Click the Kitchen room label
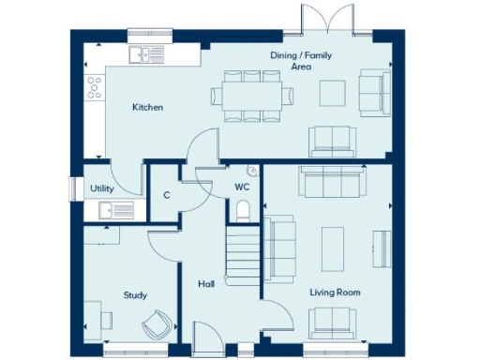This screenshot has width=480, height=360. click(x=147, y=108)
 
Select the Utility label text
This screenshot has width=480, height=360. click(x=102, y=188)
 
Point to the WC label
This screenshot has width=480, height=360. click(x=241, y=187)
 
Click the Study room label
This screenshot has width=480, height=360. click(x=135, y=294)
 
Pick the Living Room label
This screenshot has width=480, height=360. click(x=335, y=292)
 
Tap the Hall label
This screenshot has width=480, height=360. click(x=206, y=282)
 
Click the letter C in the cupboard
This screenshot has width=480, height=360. click(x=166, y=195)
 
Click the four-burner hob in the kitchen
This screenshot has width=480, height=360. click(x=95, y=88)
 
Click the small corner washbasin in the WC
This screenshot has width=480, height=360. click(x=251, y=172)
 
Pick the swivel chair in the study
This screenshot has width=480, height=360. click(x=157, y=325)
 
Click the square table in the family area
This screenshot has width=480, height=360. click(x=333, y=93)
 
